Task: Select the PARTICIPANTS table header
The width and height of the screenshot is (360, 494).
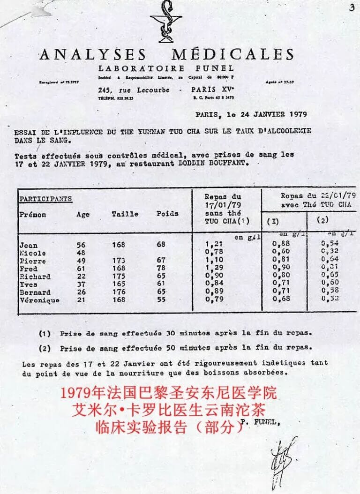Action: (45, 199)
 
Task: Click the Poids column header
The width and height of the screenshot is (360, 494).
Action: (167, 213)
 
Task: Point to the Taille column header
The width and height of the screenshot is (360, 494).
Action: (125, 214)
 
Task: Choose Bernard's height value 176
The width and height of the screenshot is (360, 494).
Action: (120, 292)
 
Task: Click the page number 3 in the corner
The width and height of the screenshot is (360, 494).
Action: (351, 7)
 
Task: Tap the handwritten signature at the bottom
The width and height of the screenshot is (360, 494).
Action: (283, 462)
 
